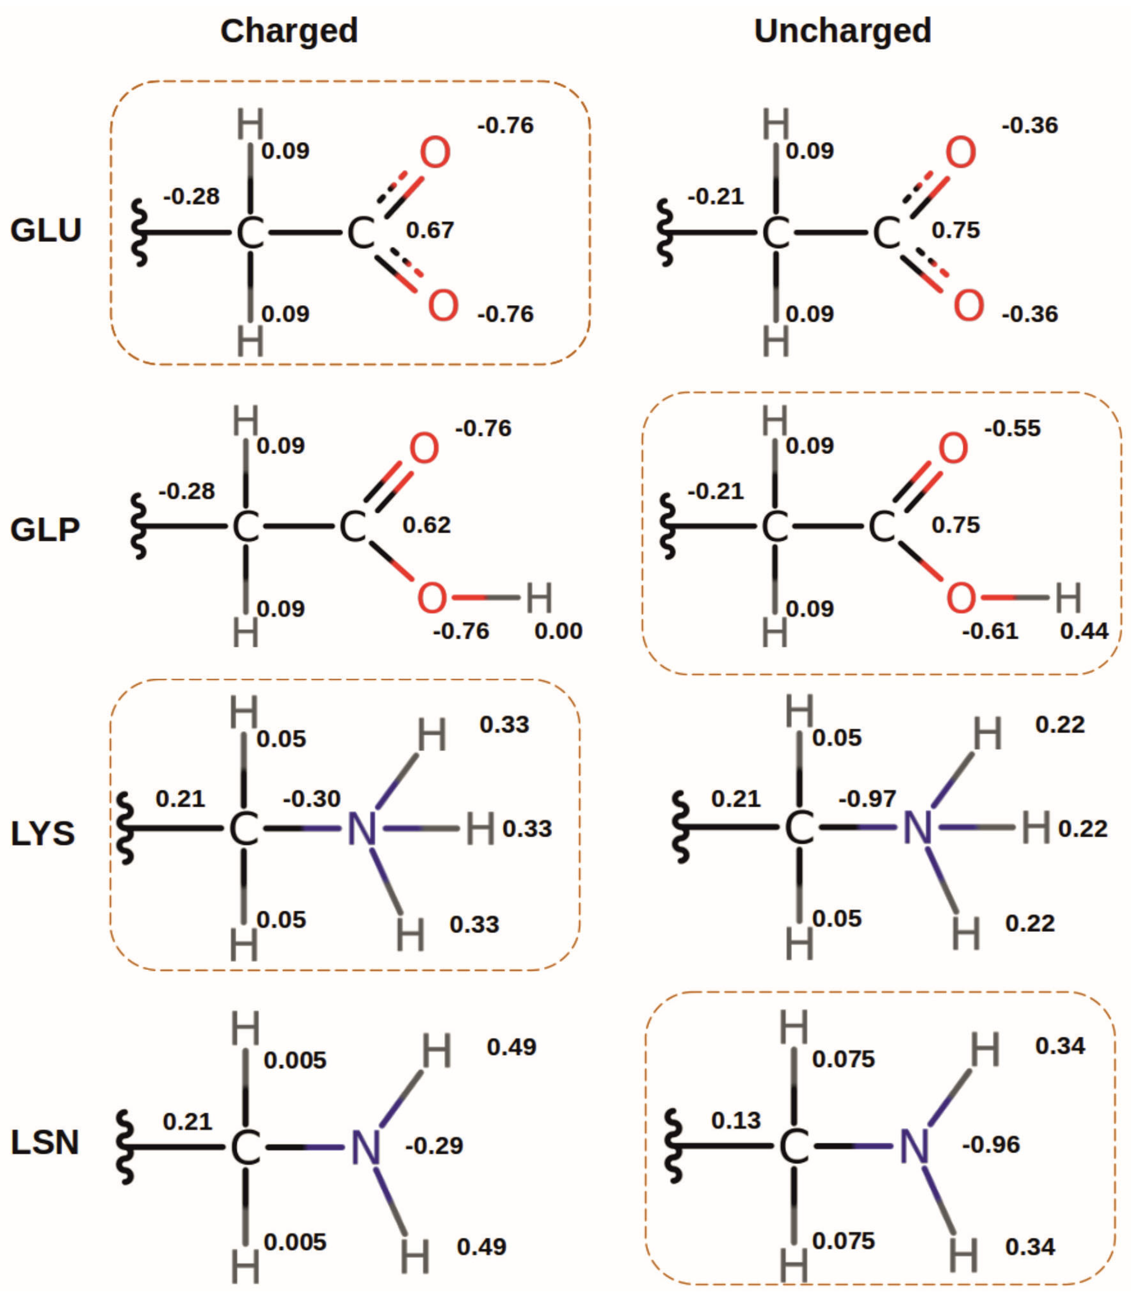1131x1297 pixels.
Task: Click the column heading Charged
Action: click(x=289, y=30)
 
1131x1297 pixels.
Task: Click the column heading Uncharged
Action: click(x=842, y=30)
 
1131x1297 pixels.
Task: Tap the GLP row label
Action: click(x=45, y=529)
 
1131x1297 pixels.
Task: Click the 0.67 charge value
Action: click(x=430, y=230)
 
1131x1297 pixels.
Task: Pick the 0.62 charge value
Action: click(x=427, y=525)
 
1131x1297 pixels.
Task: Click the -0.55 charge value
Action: click(x=1012, y=428)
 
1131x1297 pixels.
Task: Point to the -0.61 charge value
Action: click(x=990, y=631)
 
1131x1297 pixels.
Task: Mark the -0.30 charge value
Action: click(x=312, y=799)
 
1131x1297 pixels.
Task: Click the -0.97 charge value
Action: click(x=867, y=799)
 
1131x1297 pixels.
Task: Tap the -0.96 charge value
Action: click(x=991, y=1144)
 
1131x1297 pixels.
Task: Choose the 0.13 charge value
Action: click(x=736, y=1120)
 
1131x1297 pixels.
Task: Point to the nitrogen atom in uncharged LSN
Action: click(x=914, y=1146)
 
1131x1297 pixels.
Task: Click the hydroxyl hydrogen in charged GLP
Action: click(x=539, y=598)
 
